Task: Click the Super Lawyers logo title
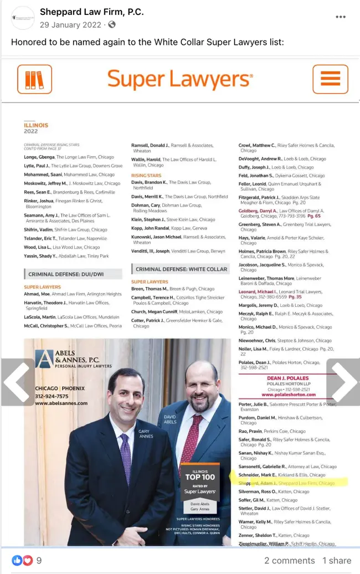click(180, 80)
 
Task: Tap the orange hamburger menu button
click(330, 79)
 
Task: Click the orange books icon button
click(34, 79)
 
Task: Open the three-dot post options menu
click(341, 17)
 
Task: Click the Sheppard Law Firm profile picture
click(23, 18)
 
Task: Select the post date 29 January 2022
click(70, 24)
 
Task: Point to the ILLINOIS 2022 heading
click(36, 129)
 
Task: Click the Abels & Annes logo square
click(44, 359)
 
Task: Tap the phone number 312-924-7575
click(52, 396)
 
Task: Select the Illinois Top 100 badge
click(199, 481)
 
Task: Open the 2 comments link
click(289, 561)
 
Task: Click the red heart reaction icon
click(27, 561)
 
